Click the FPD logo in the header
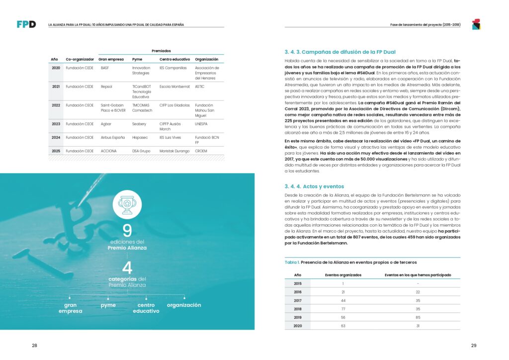coord(26,24)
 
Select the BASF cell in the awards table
coord(105,68)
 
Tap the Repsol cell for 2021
coord(106,86)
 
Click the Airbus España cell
coord(112,138)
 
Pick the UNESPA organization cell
coord(202,124)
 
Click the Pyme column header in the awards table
coord(137,59)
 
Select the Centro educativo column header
coord(173,59)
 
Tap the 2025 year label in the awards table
coord(56,151)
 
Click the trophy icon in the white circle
coord(127,204)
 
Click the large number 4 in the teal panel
coord(127,268)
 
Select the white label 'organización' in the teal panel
coord(184,305)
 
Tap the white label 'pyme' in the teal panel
coord(108,305)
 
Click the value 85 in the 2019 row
coord(418,317)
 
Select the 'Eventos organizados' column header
coord(343,274)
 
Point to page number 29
coord(474,345)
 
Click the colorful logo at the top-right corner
coord(476,24)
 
